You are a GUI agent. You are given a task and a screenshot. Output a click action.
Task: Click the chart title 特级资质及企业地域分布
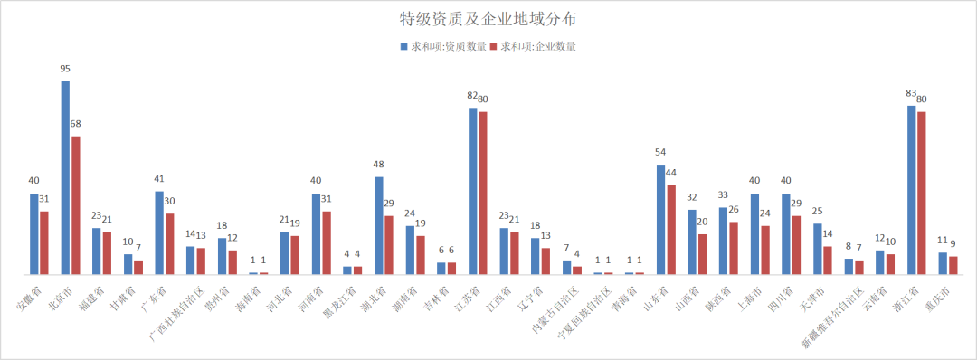488,18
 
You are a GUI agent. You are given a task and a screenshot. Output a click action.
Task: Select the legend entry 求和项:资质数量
443,45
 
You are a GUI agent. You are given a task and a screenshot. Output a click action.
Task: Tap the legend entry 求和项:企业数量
535,45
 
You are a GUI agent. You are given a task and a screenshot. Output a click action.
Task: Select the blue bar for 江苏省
472,191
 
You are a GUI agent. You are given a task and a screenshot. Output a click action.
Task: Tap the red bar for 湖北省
389,245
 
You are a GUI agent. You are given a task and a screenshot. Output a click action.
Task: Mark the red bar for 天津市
828,261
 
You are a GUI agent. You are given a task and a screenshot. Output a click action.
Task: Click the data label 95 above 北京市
65,69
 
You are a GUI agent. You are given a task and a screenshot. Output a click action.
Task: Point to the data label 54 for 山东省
660,153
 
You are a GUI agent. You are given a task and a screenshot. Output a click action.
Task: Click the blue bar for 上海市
754,233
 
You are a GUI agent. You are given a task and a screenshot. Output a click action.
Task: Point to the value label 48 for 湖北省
378,165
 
